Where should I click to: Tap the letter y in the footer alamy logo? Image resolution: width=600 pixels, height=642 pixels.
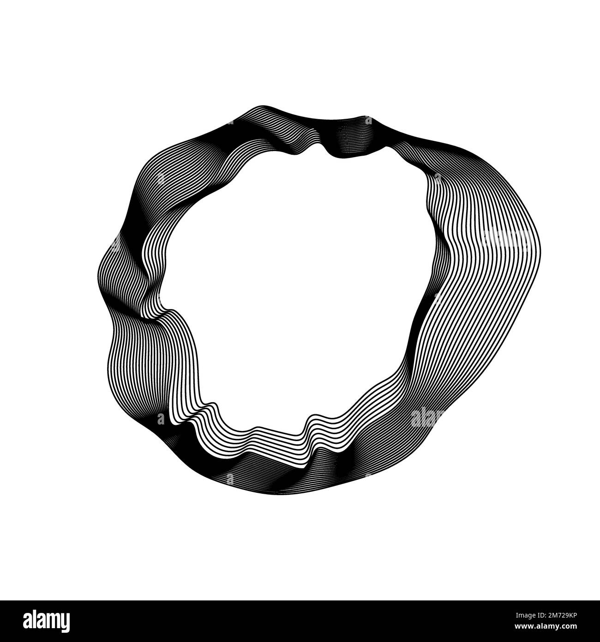click(65, 622)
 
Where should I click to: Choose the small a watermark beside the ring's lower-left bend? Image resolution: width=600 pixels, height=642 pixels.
click(160, 419)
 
